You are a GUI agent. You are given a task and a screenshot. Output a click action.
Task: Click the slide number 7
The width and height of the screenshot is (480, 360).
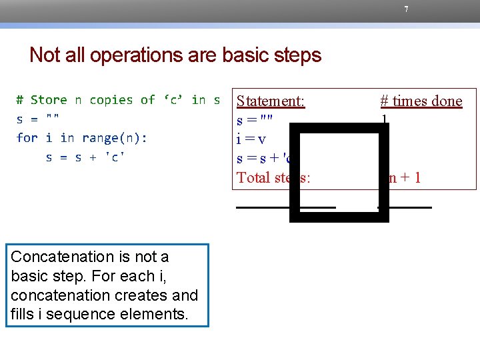tap(406, 9)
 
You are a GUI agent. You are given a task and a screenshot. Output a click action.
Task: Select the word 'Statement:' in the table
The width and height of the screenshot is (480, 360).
tap(271, 101)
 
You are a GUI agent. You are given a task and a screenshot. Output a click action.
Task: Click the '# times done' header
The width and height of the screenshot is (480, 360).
tap(421, 101)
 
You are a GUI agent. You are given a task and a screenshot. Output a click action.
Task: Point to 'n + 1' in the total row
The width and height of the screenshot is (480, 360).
tap(403, 177)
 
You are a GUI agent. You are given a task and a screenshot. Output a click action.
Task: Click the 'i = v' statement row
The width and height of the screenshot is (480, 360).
tap(252, 139)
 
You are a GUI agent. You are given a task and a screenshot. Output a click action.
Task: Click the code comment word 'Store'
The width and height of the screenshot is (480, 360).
tap(49, 100)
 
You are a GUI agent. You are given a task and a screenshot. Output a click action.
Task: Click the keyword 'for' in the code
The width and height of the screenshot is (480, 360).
tap(27, 138)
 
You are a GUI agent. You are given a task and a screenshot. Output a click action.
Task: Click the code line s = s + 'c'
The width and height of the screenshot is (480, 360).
tap(85, 157)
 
